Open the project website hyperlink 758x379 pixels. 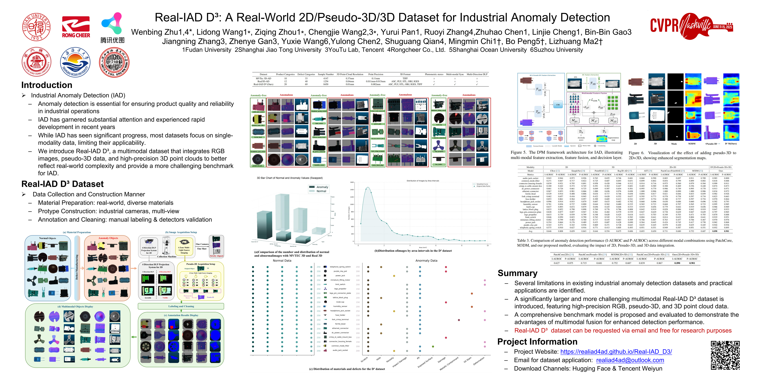(x=616, y=352)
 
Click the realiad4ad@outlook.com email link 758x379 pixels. (x=630, y=360)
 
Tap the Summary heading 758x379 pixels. (x=517, y=273)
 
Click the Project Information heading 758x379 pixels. (x=537, y=342)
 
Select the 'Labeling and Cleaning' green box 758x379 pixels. (x=181, y=306)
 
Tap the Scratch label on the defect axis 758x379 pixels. (x=364, y=360)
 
